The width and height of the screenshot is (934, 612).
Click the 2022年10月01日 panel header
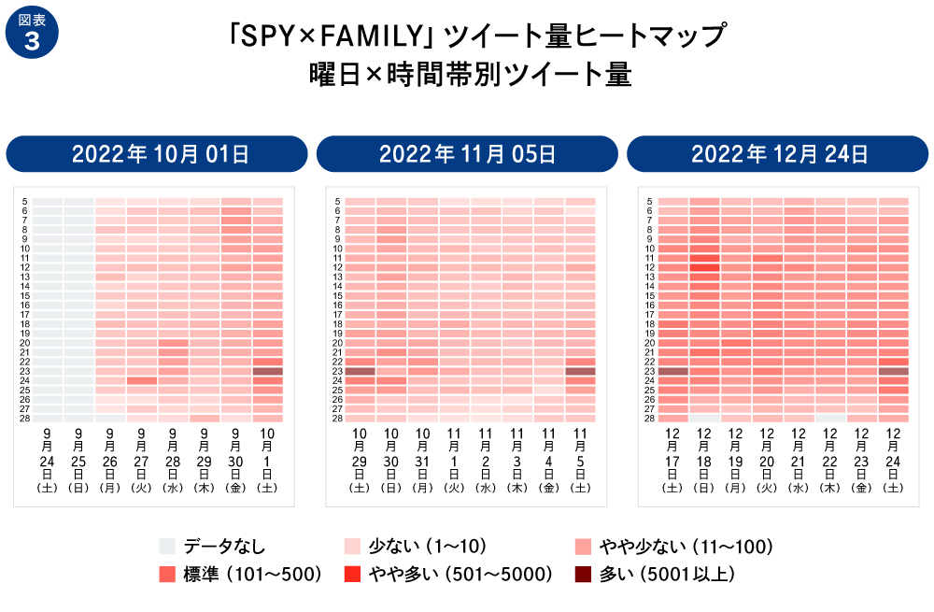158,154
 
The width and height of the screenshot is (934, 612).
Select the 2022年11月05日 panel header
467,154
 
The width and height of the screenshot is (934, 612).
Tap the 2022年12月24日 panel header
779,154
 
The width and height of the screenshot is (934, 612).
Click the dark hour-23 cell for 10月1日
267,371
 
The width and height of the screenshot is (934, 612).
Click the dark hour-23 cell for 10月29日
361,371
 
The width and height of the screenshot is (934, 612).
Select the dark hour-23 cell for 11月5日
580,371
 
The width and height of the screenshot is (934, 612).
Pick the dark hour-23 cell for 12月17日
673,371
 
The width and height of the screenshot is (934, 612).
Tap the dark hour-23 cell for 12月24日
894,371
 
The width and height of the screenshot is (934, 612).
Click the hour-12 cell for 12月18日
705,267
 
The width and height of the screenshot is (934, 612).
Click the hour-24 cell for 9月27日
142,380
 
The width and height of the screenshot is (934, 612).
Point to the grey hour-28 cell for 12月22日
830,419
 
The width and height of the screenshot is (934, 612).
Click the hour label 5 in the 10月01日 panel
24,201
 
